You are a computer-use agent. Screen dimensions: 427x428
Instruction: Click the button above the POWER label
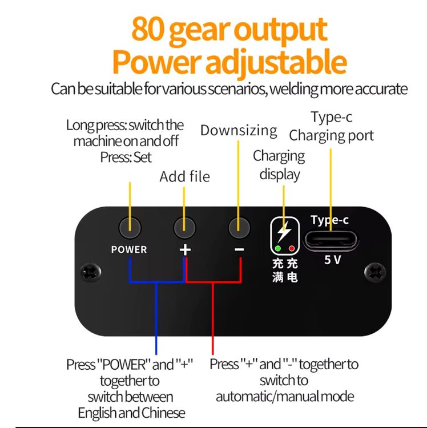pyautogui.click(x=130, y=228)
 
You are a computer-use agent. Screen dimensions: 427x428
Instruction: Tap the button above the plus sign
pyautogui.click(x=184, y=228)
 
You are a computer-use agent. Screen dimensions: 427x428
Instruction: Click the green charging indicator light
pyautogui.click(x=278, y=248)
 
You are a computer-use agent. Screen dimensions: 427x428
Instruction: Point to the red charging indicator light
pyautogui.click(x=292, y=248)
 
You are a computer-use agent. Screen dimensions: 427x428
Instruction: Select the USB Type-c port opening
pyautogui.click(x=331, y=240)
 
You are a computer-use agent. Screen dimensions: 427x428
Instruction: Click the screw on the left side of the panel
pyautogui.click(x=91, y=272)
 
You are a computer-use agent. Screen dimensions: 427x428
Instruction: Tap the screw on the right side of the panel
pyautogui.click(x=375, y=272)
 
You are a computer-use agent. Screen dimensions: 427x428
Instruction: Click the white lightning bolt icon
pyautogui.click(x=284, y=232)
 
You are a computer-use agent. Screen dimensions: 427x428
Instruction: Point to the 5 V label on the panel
pyautogui.click(x=333, y=260)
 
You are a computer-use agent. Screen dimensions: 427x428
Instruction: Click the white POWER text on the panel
pyautogui.click(x=129, y=249)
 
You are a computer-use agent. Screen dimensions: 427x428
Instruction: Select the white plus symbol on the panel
pyautogui.click(x=185, y=250)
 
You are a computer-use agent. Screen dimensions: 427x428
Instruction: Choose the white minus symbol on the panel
pyautogui.click(x=239, y=249)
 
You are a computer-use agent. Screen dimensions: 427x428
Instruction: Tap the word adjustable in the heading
pyautogui.click(x=276, y=63)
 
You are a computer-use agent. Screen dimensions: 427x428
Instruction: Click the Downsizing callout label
pyautogui.click(x=239, y=131)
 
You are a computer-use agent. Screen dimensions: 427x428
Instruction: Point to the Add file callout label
pyautogui.click(x=185, y=176)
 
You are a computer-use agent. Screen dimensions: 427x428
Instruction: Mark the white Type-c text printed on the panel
pyautogui.click(x=329, y=220)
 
